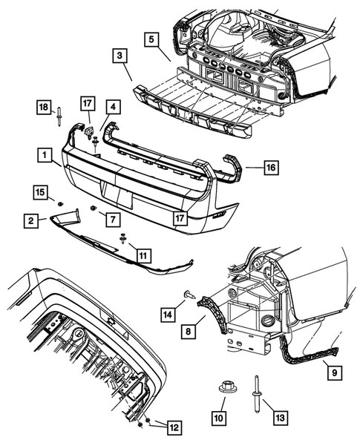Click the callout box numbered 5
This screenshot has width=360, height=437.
click(x=151, y=39)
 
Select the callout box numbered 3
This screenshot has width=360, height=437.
click(x=120, y=56)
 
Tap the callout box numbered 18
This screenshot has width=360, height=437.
click(x=44, y=108)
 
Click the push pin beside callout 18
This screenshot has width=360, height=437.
click(x=59, y=116)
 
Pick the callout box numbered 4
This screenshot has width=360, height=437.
click(x=113, y=107)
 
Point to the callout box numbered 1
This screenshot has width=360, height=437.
click(x=45, y=155)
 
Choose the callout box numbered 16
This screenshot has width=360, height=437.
click(x=271, y=168)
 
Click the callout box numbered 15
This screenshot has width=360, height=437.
click(x=40, y=192)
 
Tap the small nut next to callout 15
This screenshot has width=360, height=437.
click(x=60, y=205)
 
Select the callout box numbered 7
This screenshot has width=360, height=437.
click(x=113, y=220)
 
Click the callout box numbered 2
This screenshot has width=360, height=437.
click(x=30, y=221)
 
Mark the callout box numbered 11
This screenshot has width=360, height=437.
click(x=143, y=255)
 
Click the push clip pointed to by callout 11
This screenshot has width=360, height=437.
click(x=123, y=239)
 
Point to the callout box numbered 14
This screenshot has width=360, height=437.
click(x=168, y=315)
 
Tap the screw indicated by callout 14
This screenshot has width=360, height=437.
click(x=189, y=294)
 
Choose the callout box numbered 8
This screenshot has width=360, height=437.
click(x=189, y=332)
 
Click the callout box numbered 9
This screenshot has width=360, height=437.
click(x=334, y=372)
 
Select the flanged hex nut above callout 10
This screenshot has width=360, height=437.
click(x=224, y=387)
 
